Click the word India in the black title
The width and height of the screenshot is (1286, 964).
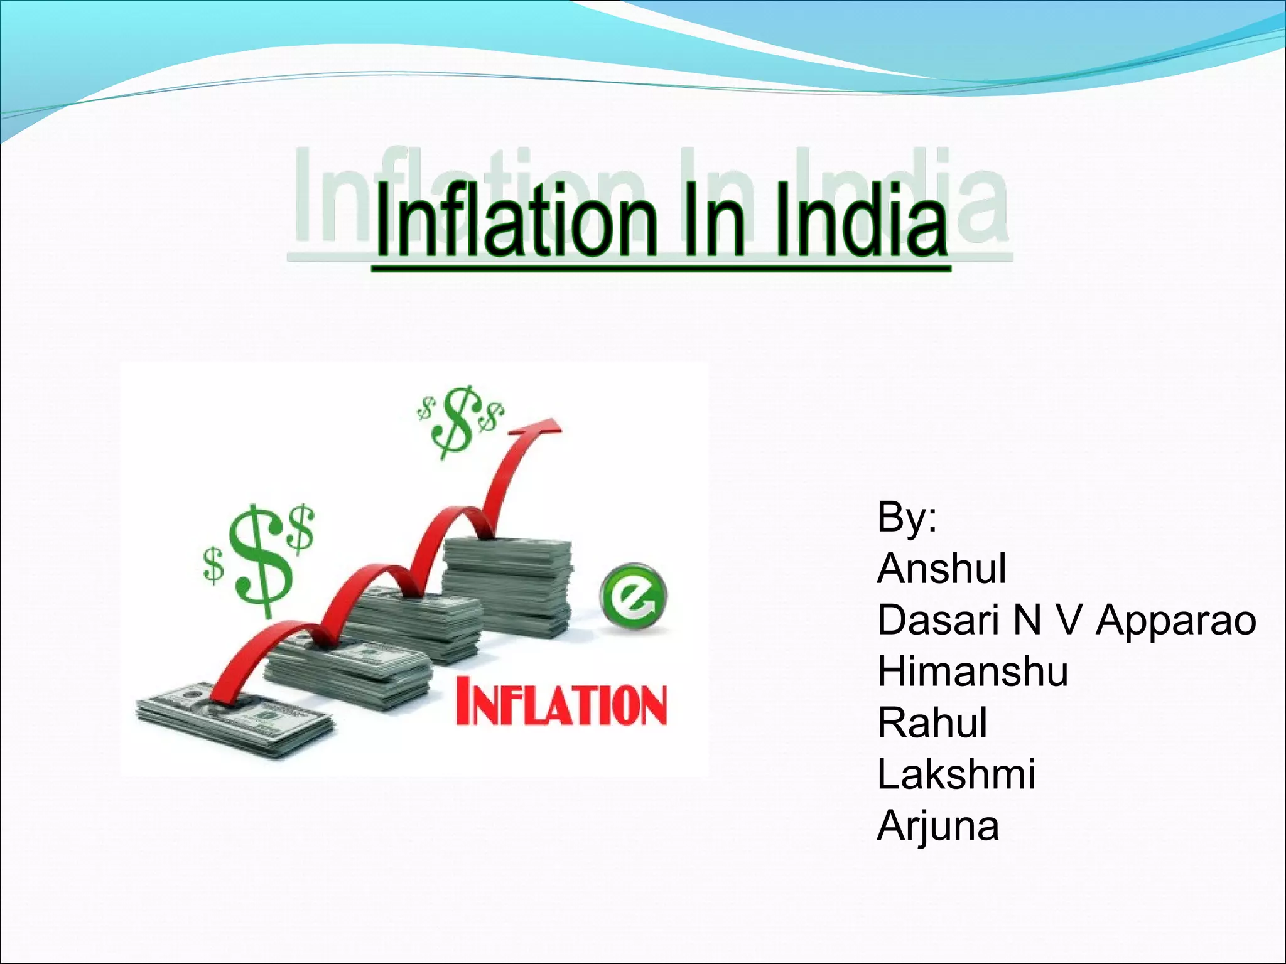(x=860, y=221)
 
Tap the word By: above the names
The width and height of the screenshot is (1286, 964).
(x=907, y=517)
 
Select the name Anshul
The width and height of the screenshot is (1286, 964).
(x=941, y=569)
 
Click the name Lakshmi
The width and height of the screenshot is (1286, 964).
(x=956, y=774)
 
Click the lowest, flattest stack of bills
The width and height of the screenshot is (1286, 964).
(x=235, y=719)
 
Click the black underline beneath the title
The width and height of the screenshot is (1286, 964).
(x=661, y=269)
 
